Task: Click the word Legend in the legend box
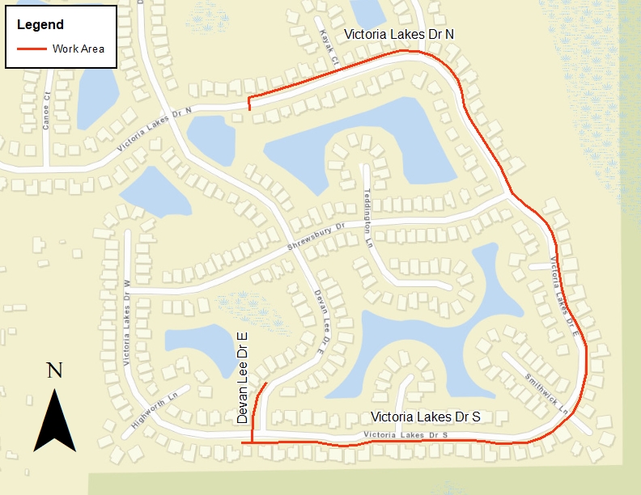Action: click(40, 24)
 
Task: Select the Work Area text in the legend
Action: click(79, 49)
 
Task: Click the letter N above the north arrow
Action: click(54, 370)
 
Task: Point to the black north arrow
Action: click(54, 421)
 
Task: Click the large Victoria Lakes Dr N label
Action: click(399, 34)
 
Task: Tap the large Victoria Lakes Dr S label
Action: click(426, 417)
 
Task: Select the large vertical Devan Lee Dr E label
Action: click(242, 377)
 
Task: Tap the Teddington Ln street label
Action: click(368, 207)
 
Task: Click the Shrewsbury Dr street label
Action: click(316, 235)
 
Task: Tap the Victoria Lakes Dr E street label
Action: click(563, 295)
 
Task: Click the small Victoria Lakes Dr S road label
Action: click(406, 436)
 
